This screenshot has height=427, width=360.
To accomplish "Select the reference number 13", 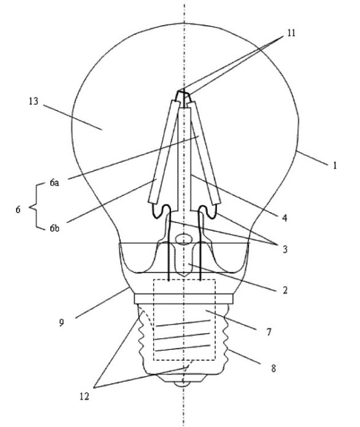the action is pos(34,101).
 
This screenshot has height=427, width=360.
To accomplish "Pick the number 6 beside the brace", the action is pos(17,209).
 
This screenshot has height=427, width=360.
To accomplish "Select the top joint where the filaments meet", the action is pos(182,96).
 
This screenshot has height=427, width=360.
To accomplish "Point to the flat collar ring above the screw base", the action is pos(183,298).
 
